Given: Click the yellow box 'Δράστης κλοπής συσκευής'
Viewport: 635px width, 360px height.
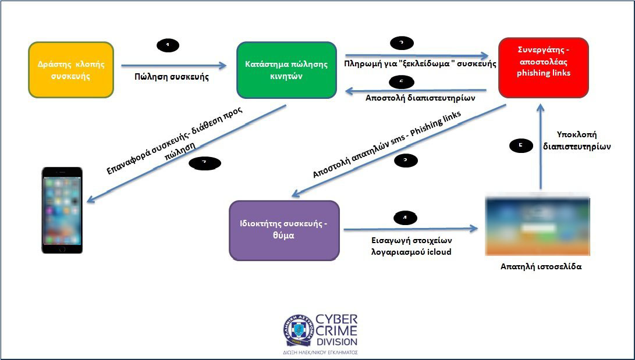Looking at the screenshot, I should click(70, 69).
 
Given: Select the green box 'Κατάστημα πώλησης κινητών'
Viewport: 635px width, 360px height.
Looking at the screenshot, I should click(286, 70).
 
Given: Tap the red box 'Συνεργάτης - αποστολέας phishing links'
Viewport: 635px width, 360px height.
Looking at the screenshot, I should click(544, 67).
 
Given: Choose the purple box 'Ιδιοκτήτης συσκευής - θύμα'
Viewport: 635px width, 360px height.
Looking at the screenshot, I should click(284, 230).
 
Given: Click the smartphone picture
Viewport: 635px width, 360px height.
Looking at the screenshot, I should click(62, 210).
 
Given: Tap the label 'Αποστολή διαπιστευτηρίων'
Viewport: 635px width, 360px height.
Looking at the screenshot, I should click(420, 98).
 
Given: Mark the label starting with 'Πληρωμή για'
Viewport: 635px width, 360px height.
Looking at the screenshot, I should click(420, 63).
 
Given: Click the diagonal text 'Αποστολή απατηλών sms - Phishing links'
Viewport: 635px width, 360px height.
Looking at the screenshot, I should click(386, 145).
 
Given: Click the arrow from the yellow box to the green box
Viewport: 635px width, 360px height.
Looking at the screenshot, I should click(174, 66).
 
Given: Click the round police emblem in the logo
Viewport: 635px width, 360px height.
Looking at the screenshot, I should click(297, 330).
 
